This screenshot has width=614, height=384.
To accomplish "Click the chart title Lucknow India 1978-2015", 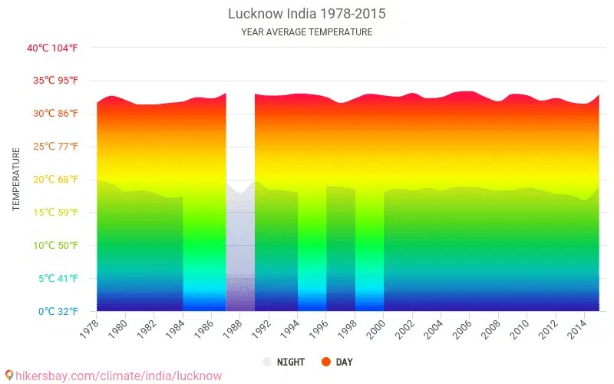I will [307, 14].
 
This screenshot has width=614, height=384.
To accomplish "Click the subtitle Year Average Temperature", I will [307, 32].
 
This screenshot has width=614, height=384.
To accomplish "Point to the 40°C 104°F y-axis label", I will [52, 48].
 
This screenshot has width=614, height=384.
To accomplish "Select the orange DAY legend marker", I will [325, 362].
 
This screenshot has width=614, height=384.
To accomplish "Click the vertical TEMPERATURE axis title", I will [16, 180].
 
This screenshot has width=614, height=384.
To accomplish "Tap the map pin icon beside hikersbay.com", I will [8, 376].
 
